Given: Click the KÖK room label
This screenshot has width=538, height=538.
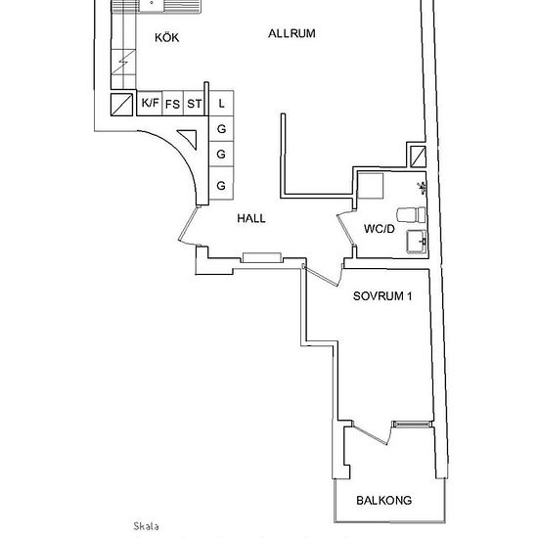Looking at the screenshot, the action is point(166,37).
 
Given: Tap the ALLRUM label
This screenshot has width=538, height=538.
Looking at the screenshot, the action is point(291,33).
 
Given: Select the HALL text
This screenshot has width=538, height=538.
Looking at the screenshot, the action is point(251,218).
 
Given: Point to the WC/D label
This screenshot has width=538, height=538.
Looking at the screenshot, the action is point(380,229).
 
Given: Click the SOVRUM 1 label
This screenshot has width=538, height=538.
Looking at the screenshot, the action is point(382,296).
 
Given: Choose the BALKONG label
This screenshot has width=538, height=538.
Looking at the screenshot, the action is point(384,500).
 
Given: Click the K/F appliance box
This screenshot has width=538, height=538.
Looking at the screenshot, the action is point(150,103).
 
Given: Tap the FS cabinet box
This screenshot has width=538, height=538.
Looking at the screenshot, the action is point(172,103).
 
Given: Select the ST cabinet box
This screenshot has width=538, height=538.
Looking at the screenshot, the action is point(195,103).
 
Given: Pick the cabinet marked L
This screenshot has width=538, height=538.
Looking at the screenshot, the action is point(221,104).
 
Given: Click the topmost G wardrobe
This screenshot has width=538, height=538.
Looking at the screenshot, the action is point(221,129).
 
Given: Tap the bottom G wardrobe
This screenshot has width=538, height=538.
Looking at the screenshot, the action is point(221,186).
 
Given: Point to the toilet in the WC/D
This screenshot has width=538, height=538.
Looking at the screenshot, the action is point(411,214).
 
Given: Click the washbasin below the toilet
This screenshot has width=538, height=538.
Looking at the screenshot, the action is point(417,242).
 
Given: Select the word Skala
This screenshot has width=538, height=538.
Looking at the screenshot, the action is point(146,526).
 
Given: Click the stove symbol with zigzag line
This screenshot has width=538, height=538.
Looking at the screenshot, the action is point(123,62).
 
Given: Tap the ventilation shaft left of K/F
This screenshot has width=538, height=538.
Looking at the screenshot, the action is point(121,105).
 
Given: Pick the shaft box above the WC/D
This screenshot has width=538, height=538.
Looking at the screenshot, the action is point(419,157).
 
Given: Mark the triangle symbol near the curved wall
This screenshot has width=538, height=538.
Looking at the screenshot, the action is point(189,138).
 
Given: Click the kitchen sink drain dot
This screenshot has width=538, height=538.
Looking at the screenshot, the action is point(152,3).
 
